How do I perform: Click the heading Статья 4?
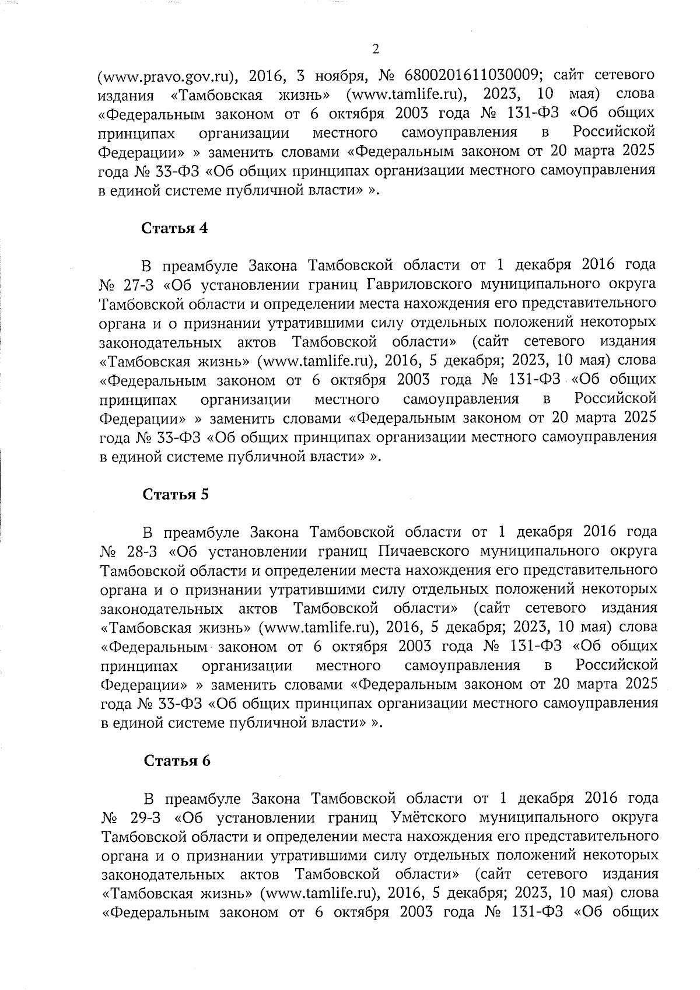pyautogui.click(x=176, y=228)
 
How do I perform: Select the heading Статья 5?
pyautogui.click(x=176, y=494)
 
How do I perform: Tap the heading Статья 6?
pyautogui.click(x=177, y=761)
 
